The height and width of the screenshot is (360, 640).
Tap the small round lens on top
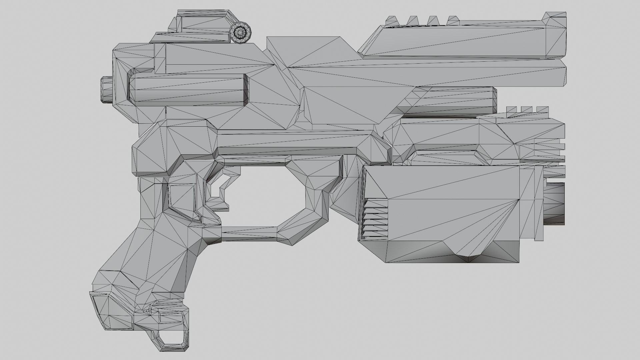(x=240, y=32)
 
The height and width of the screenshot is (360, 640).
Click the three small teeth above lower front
(x=527, y=110)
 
